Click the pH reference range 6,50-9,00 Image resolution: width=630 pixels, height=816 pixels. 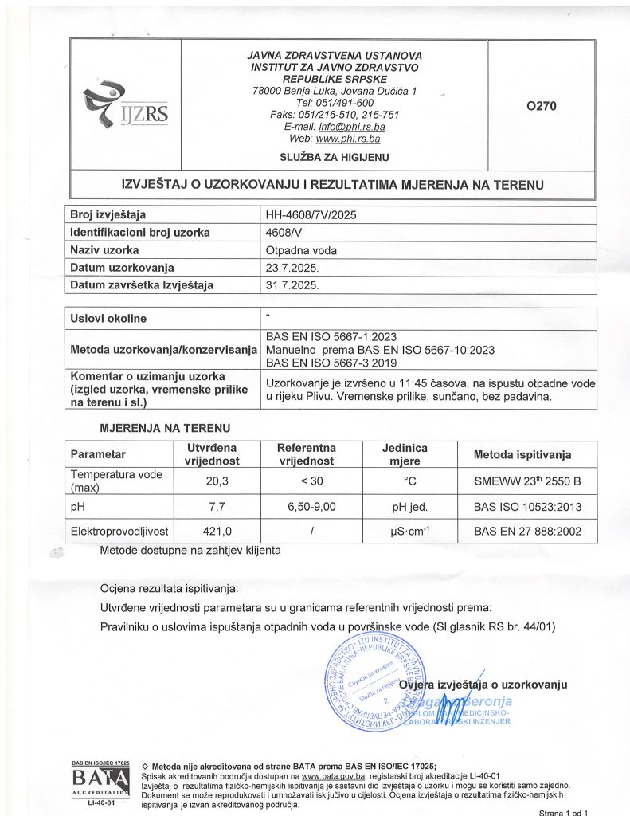(x=307, y=506)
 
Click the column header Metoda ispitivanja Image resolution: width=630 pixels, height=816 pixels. (x=522, y=455)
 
